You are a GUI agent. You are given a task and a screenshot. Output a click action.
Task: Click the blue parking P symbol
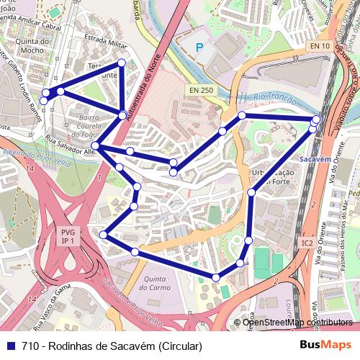tap(200, 48)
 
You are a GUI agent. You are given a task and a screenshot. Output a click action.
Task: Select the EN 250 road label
tap(202, 90)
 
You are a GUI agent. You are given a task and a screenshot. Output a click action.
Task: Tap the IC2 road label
tap(307, 243)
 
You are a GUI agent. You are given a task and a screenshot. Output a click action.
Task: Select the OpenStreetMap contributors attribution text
tap(297, 322)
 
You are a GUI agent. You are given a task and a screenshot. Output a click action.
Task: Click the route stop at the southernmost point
tap(216, 277)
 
